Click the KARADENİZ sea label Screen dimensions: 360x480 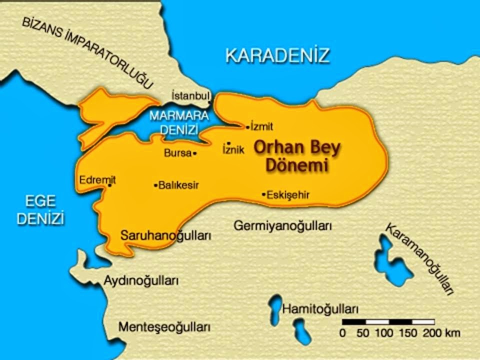click(277, 55)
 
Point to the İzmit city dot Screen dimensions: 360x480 click(247, 127)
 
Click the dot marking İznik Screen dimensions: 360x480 click(228, 143)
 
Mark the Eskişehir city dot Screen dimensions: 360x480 click(263, 194)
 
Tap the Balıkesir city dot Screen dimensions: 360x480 click(155, 185)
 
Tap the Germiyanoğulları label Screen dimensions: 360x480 click(283, 226)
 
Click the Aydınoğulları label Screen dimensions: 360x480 click(141, 280)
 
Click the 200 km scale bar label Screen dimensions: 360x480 click(440, 332)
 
